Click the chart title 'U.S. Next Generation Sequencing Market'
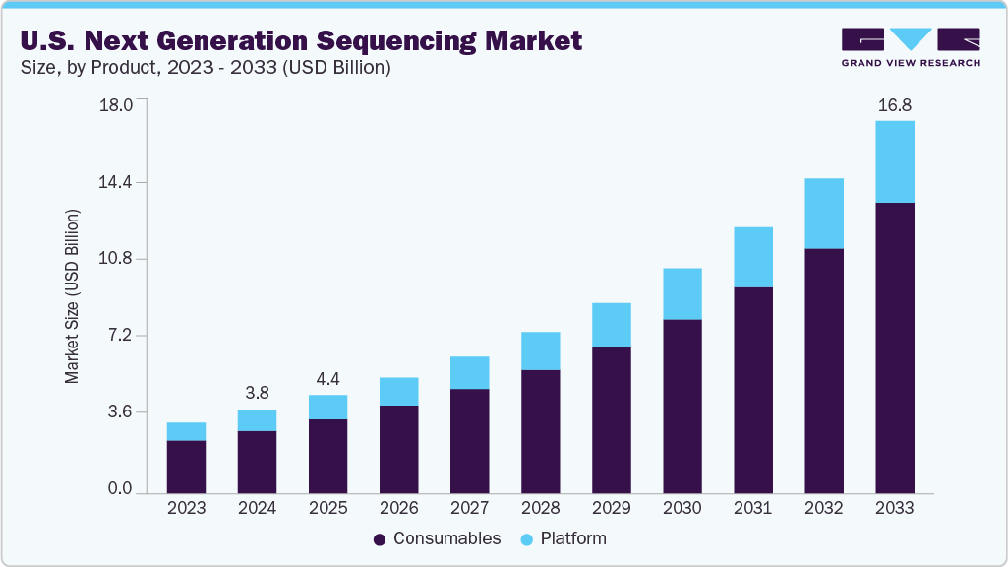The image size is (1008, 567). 301,40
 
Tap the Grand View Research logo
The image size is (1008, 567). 911,47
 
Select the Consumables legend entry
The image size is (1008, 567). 438,538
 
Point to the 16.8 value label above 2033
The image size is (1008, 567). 895,104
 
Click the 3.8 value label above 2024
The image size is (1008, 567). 257,393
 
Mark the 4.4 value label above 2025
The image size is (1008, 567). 327,378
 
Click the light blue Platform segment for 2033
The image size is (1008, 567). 895,161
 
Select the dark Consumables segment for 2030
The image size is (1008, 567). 682,406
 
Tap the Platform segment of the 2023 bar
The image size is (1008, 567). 186,431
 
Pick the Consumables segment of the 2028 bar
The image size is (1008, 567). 540,431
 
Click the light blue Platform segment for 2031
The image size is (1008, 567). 753,257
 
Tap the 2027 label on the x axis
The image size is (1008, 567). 469,509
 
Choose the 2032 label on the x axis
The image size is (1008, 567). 824,509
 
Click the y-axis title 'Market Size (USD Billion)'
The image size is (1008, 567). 73,296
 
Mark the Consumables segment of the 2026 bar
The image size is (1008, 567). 398,449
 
